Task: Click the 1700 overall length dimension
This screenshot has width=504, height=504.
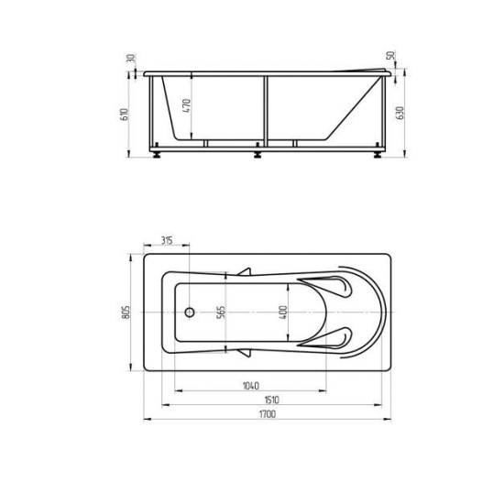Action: [268, 414]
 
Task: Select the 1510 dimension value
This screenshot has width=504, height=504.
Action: [271, 400]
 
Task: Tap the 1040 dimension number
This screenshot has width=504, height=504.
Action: [251, 386]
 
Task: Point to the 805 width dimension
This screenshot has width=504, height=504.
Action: [126, 312]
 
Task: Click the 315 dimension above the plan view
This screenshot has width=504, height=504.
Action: [167, 240]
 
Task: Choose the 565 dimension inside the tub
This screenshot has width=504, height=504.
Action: [221, 312]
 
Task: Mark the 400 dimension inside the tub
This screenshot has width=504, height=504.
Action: [283, 312]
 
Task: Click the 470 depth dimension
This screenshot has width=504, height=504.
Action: [187, 105]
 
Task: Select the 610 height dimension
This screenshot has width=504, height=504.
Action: [124, 115]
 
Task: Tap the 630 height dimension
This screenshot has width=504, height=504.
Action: [400, 113]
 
